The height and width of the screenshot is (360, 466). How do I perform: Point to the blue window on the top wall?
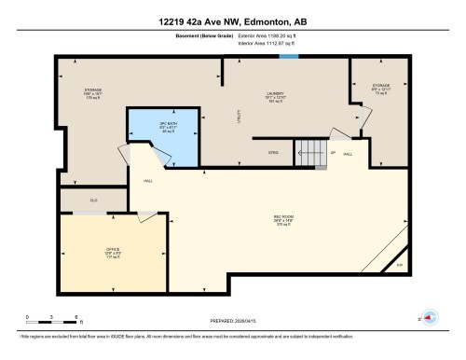coord(290,57)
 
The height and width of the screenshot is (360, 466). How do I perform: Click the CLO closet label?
coord(94,200)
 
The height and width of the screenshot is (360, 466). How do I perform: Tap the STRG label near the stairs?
coord(274,152)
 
